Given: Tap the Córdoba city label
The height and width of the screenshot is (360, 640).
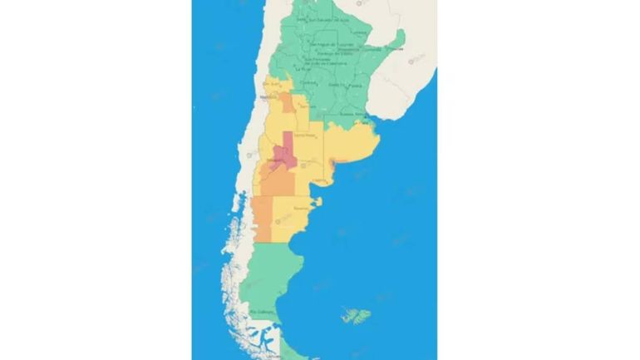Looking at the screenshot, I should click(x=308, y=82).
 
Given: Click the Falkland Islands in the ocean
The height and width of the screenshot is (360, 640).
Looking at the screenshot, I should click(x=355, y=315).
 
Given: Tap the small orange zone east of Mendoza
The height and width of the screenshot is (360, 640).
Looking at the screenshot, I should click(x=288, y=103).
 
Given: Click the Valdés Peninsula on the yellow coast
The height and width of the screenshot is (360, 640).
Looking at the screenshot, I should click(x=317, y=200).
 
